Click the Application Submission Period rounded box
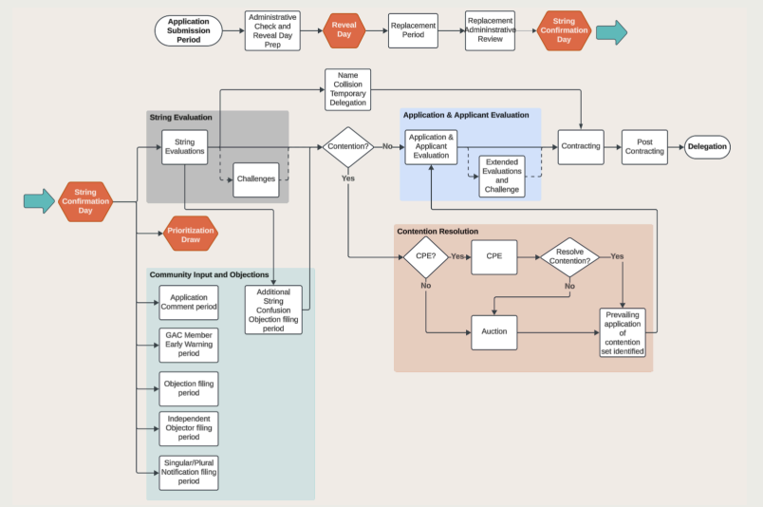[x=188, y=30]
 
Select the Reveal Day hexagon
[x=344, y=30]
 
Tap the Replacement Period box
[x=413, y=30]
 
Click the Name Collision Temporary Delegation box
[x=347, y=89]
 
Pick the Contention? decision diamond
[x=347, y=147]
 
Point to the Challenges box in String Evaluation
[x=255, y=179]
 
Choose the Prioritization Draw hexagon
[x=190, y=233]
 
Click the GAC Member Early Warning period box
[x=189, y=345]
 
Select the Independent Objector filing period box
[x=189, y=428]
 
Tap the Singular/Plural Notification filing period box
[x=189, y=472]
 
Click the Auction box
[x=493, y=332]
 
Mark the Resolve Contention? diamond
[x=569, y=256]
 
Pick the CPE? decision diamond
[x=426, y=256]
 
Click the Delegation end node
[x=707, y=147]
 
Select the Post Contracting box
[x=644, y=147]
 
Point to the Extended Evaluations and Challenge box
[x=502, y=177]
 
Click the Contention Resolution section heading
[x=437, y=231]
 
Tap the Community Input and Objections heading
[x=209, y=274]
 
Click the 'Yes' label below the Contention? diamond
[x=347, y=178]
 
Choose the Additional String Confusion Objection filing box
[x=273, y=310]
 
